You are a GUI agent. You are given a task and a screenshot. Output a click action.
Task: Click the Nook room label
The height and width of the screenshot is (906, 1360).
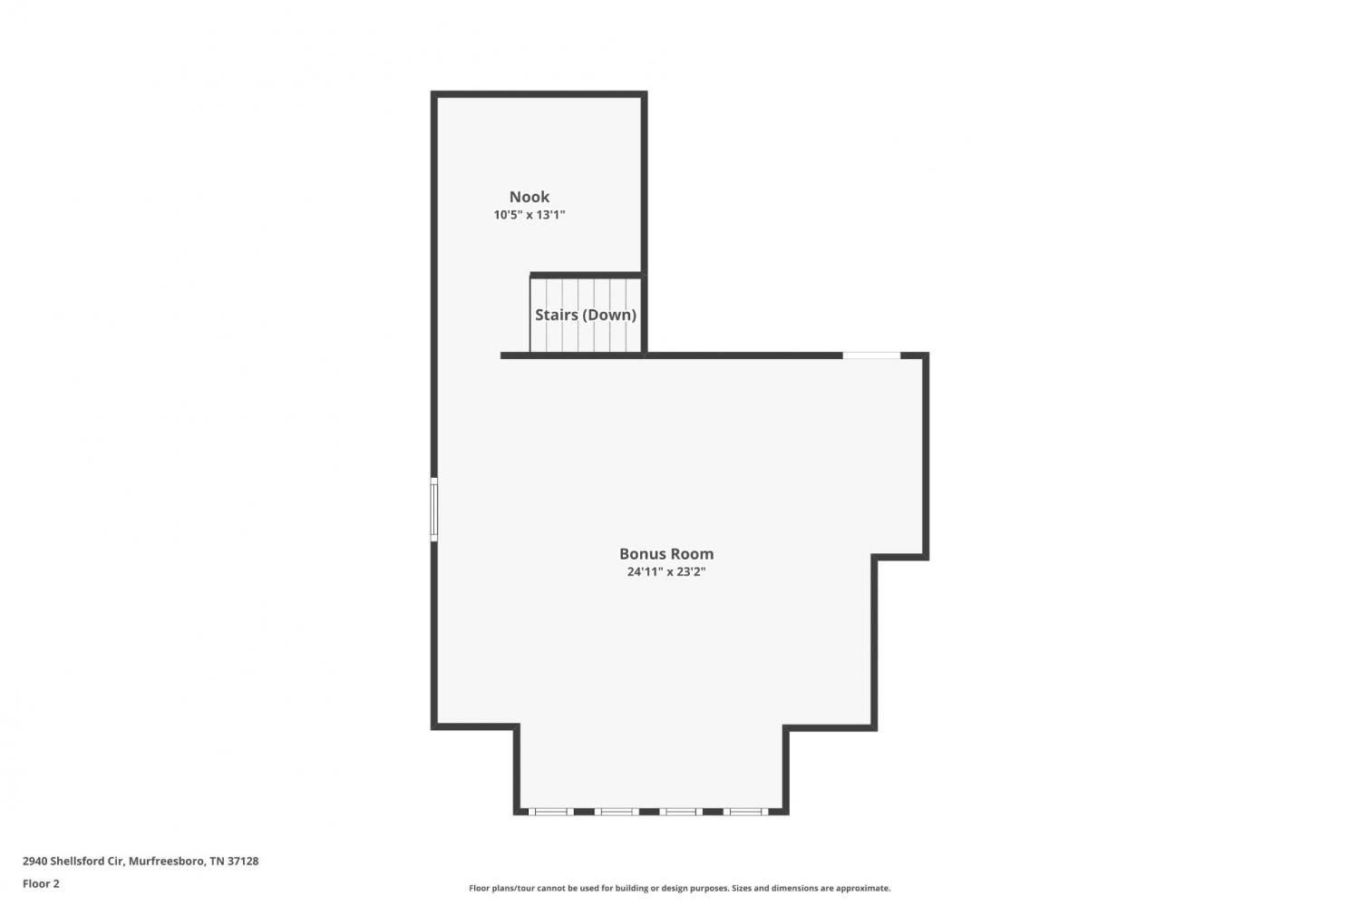click(529, 197)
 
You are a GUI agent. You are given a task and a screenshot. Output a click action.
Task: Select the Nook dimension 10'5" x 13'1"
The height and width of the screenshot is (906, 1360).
click(529, 214)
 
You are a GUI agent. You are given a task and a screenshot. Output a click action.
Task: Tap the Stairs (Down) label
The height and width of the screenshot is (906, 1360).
click(586, 316)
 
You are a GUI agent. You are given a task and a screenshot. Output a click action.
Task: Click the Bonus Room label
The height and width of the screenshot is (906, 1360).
click(666, 554)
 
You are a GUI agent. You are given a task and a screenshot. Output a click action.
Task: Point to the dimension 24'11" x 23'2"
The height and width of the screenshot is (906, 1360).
click(666, 571)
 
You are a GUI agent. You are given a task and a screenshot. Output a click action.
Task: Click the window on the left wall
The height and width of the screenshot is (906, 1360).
click(434, 510)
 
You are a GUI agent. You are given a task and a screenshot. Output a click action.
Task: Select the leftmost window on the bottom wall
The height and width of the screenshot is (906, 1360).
click(550, 812)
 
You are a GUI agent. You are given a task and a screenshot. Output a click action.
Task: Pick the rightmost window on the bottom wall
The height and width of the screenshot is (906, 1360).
click(745, 812)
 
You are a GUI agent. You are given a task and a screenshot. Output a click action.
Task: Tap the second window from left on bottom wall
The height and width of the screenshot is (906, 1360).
click(617, 812)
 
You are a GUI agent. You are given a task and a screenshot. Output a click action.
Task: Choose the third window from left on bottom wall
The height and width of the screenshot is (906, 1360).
click(681, 812)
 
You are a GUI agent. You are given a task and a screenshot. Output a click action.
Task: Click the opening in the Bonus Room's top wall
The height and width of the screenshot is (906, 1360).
click(871, 356)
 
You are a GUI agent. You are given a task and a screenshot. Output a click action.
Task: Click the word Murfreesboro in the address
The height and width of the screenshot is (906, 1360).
click(166, 861)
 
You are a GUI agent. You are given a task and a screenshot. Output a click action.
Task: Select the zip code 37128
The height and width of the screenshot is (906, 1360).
click(243, 861)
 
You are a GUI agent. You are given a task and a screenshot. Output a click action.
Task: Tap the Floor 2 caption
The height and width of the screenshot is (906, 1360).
click(42, 883)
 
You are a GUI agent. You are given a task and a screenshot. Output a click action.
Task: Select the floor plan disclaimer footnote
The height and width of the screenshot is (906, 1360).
click(679, 888)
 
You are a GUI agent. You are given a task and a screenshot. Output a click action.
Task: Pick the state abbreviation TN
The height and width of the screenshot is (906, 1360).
click(217, 861)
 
